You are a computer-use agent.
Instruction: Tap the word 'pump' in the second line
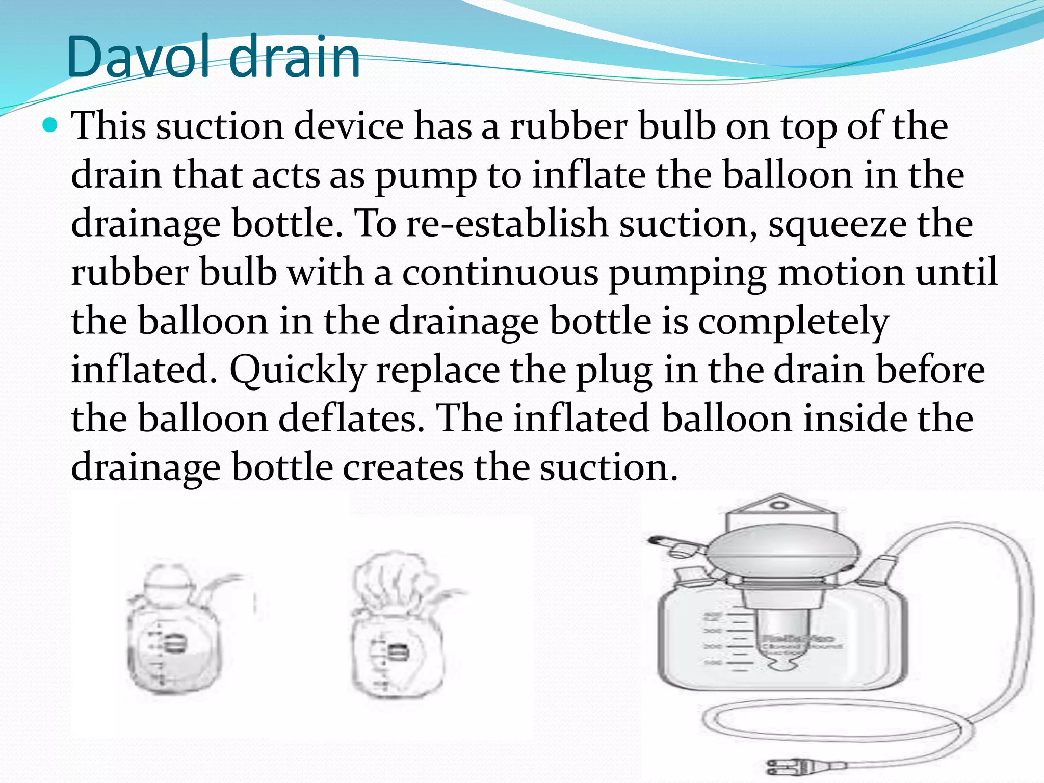tap(426, 176)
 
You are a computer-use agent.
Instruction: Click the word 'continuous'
tap(500, 273)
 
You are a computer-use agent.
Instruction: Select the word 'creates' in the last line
tap(403, 467)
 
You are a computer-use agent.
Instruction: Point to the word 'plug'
tap(614, 371)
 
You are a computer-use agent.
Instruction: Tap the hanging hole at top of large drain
tap(777, 506)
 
